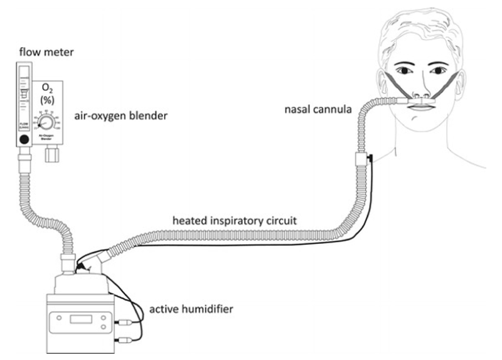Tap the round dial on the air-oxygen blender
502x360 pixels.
pos(50,120)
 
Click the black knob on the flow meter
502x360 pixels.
pos(24,140)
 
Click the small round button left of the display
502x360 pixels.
pos(60,319)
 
